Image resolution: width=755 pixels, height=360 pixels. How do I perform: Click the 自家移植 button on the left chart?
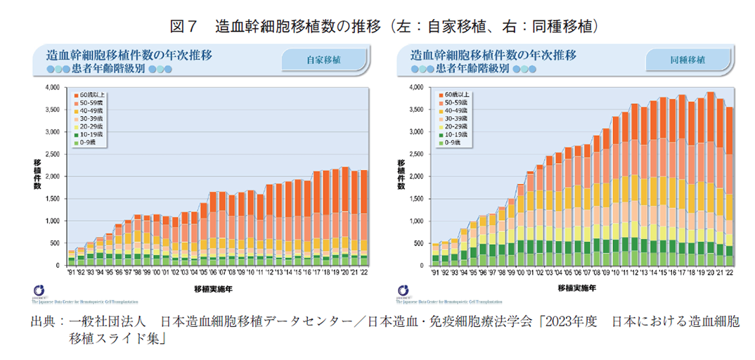pos(323,60)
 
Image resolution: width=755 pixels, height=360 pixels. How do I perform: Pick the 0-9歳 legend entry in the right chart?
pos(449,143)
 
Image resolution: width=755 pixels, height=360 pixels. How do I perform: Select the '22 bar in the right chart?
pos(729,186)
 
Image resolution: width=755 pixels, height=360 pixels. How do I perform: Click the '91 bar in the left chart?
pos(71,257)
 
